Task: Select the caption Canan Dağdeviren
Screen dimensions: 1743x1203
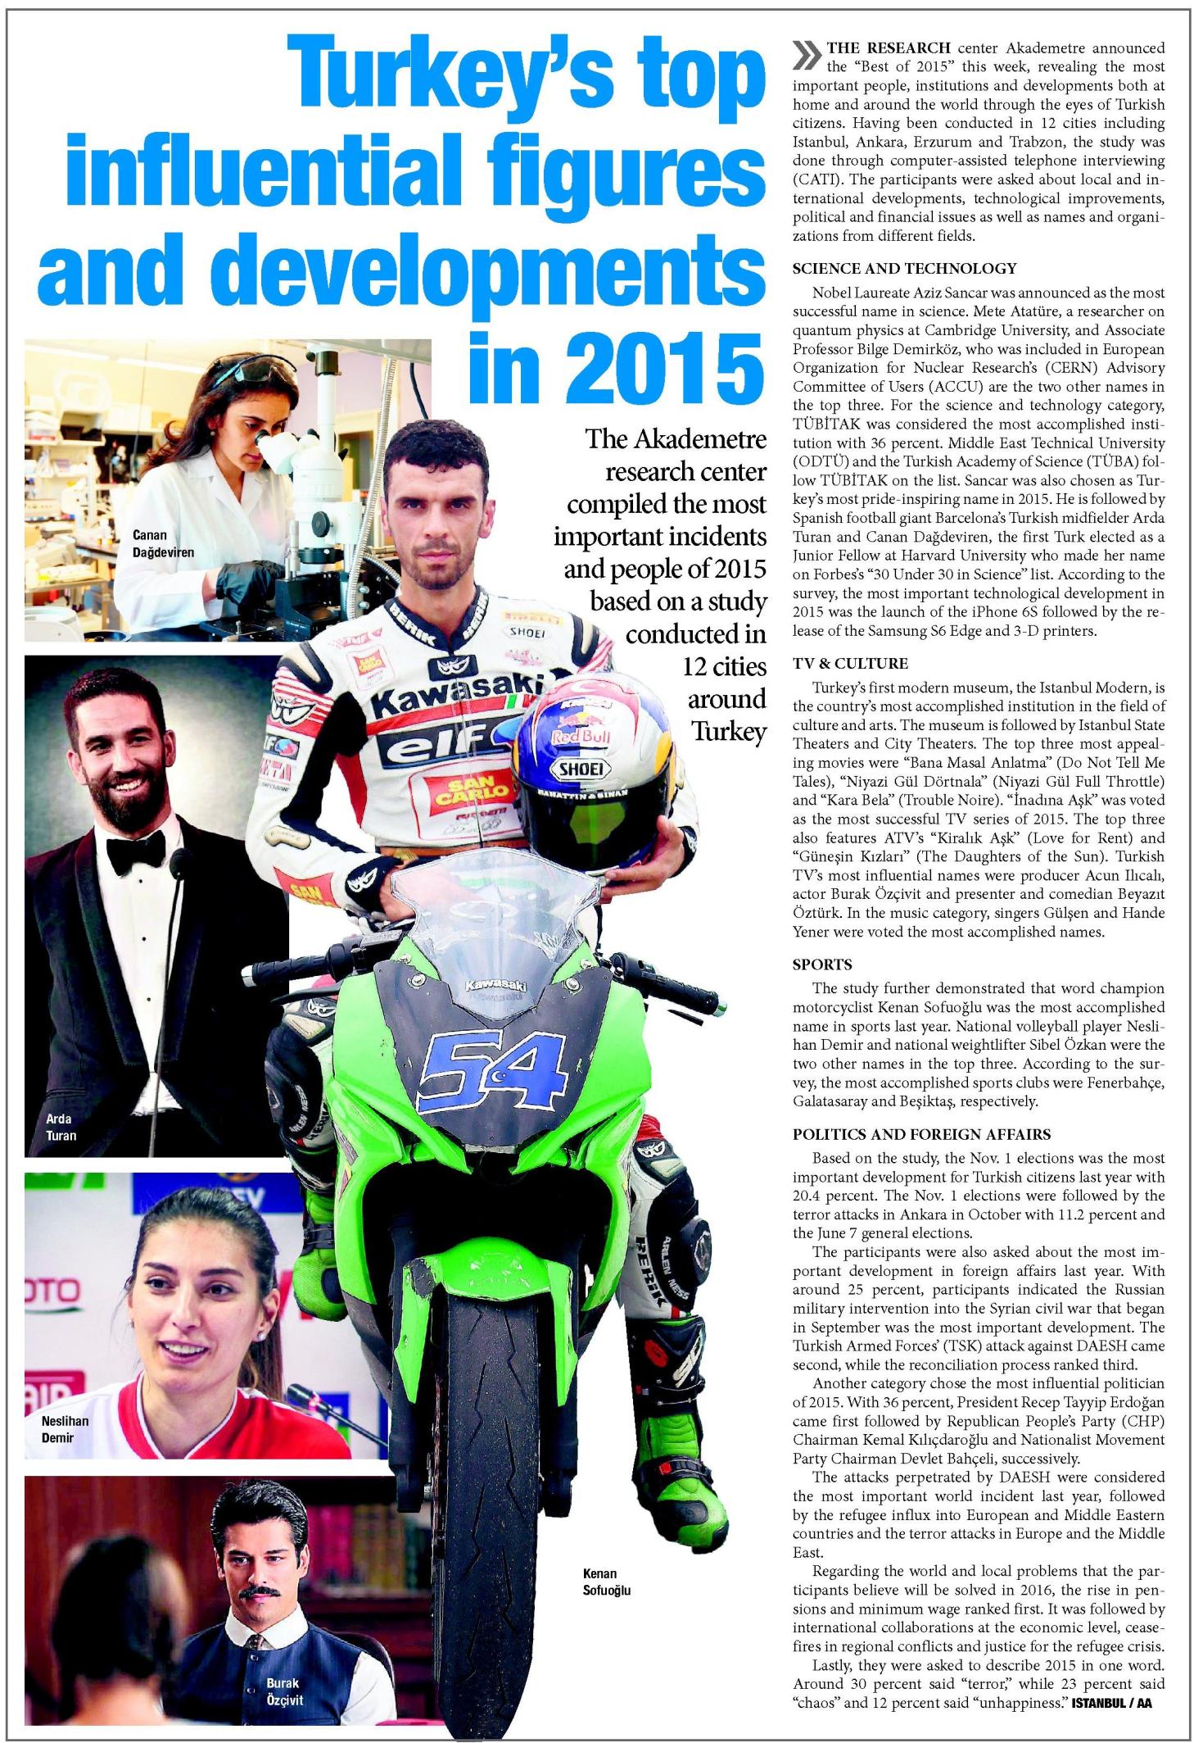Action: [x=163, y=543]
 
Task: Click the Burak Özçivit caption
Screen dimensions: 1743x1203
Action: [x=284, y=1692]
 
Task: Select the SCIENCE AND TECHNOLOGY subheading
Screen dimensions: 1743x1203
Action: [x=904, y=268]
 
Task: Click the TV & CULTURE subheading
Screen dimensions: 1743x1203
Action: [x=850, y=663]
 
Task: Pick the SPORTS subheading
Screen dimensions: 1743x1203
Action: [x=822, y=964]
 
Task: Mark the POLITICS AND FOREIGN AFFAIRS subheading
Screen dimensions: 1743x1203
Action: [x=921, y=1134]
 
